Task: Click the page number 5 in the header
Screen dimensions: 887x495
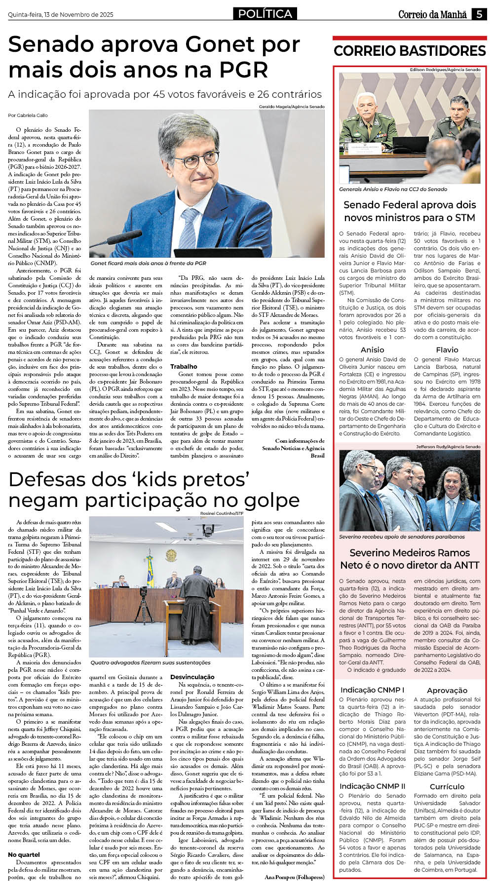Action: click(478, 14)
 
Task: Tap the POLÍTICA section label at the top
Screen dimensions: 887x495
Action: click(265, 14)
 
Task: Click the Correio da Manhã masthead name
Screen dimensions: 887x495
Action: click(432, 14)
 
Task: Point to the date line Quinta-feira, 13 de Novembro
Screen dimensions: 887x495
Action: click(61, 15)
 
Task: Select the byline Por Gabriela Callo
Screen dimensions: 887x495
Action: click(28, 116)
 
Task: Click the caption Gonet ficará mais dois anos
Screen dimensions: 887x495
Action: click(148, 264)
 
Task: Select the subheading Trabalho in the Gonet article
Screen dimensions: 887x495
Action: click(184, 367)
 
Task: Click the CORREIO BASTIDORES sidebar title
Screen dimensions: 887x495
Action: click(409, 51)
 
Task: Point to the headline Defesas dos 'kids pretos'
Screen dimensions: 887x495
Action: click(128, 479)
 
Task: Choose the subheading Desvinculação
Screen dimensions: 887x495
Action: click(192, 677)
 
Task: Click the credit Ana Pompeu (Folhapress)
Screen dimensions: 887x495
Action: click(295, 877)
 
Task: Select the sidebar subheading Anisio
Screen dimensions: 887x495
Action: click(372, 350)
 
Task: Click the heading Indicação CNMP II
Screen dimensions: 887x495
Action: click(372, 786)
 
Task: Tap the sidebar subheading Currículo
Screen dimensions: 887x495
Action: click(447, 787)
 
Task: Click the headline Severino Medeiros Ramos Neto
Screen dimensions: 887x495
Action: click(409, 559)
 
